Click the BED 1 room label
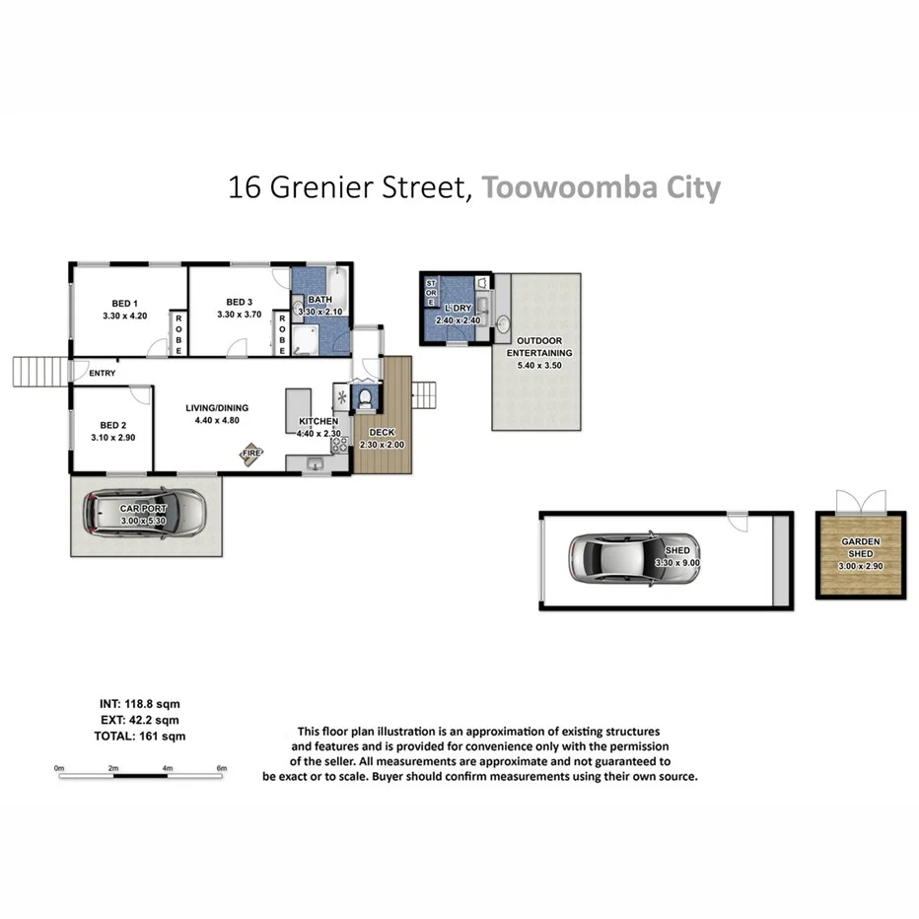tap(123, 302)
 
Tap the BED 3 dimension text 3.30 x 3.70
tap(241, 316)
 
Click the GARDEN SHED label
tap(860, 548)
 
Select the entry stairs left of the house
tap(39, 373)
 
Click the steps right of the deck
tap(423, 394)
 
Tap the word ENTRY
tap(103, 373)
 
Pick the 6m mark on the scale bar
tap(222, 767)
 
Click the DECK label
tap(381, 433)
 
